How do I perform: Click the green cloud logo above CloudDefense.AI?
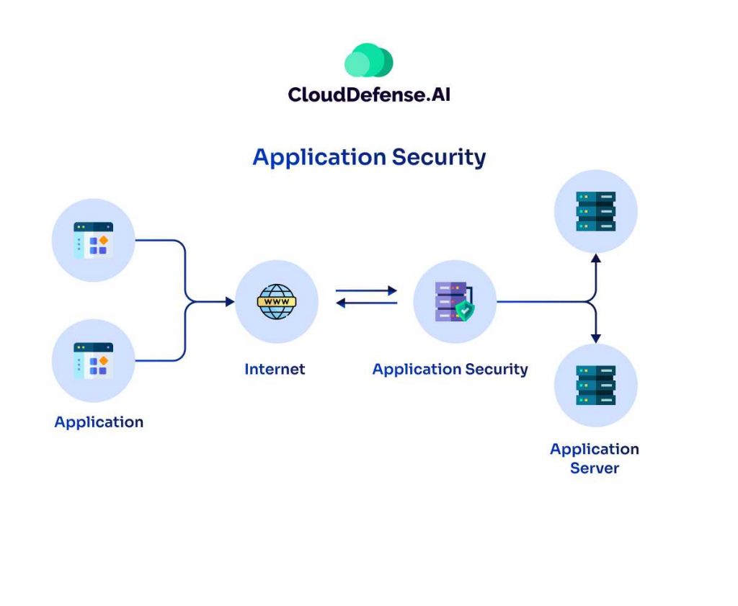(368, 61)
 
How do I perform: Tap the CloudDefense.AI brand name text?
(369, 94)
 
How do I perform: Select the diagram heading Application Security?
(369, 157)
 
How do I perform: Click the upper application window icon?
(94, 241)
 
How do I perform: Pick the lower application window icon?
(94, 361)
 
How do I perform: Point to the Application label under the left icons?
(99, 422)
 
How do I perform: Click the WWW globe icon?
(277, 302)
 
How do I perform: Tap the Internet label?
(275, 370)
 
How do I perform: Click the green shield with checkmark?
(465, 311)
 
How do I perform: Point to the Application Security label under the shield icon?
(450, 370)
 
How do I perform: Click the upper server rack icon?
(595, 211)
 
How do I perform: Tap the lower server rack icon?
(595, 386)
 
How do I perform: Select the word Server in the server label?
(595, 468)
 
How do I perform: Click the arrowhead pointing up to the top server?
(595, 257)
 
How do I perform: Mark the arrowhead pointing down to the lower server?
(595, 338)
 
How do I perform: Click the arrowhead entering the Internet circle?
(230, 302)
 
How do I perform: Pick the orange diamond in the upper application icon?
(103, 239)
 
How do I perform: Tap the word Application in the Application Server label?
(595, 450)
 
